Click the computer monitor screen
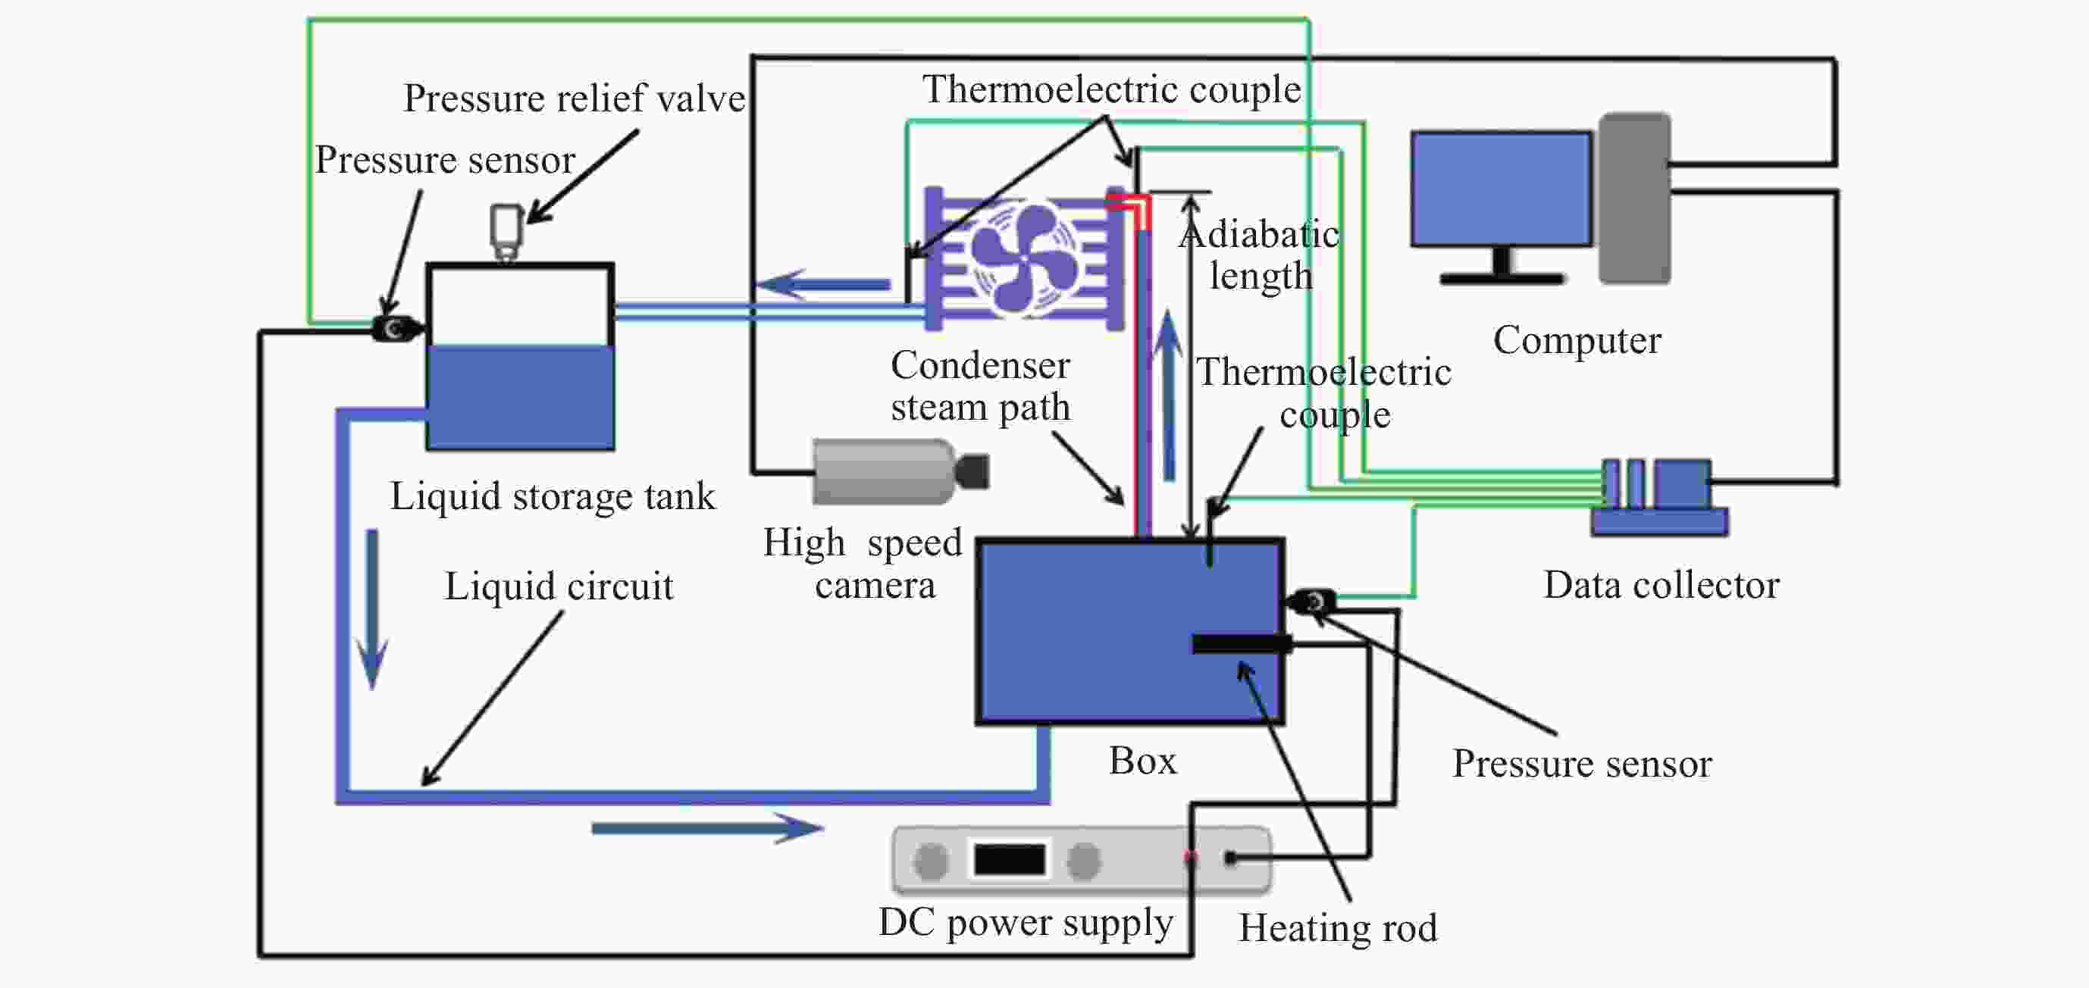pyautogui.click(x=1501, y=189)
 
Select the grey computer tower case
pyautogui.click(x=1635, y=198)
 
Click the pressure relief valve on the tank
pyautogui.click(x=507, y=233)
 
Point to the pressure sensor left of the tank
pyautogui.click(x=396, y=328)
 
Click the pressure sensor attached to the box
pyautogui.click(x=1311, y=602)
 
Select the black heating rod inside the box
pyautogui.click(x=1242, y=643)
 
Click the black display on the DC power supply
pyautogui.click(x=1009, y=859)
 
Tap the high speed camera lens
pyautogui.click(x=972, y=472)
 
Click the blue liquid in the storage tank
pyautogui.click(x=521, y=396)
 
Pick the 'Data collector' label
pyautogui.click(x=1661, y=584)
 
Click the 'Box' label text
pyautogui.click(x=1142, y=760)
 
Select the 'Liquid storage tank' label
pyautogui.click(x=553, y=496)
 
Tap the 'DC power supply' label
pyautogui.click(x=1026, y=922)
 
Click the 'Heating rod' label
pyautogui.click(x=1338, y=927)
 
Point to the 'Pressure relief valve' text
pyautogui.click(x=574, y=98)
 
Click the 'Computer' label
pyautogui.click(x=1577, y=340)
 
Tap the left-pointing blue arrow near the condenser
pyautogui.click(x=822, y=284)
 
